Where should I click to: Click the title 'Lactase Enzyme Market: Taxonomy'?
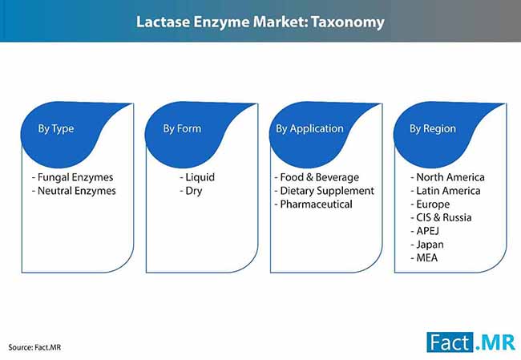click(x=260, y=22)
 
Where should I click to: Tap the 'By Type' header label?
click(x=56, y=129)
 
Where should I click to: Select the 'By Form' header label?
click(x=182, y=128)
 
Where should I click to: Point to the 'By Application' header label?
click(x=309, y=129)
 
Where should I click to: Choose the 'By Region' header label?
click(x=433, y=129)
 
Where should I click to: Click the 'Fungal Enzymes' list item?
click(x=72, y=177)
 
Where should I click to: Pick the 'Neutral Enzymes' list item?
click(x=74, y=191)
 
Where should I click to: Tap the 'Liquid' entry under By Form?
click(x=197, y=177)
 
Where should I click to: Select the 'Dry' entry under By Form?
click(x=191, y=191)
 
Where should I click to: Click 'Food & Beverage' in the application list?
click(x=317, y=177)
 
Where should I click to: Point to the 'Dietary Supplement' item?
click(x=325, y=191)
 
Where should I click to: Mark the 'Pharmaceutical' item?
click(x=313, y=204)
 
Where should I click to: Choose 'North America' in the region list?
click(x=447, y=177)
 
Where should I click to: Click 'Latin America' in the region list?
click(x=446, y=191)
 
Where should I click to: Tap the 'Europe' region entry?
click(x=430, y=204)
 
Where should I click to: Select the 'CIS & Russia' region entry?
click(x=441, y=217)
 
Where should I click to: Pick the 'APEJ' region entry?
click(x=425, y=231)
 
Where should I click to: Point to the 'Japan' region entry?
click(x=427, y=245)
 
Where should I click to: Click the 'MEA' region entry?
click(x=424, y=257)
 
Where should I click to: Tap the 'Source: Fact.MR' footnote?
click(x=34, y=347)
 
